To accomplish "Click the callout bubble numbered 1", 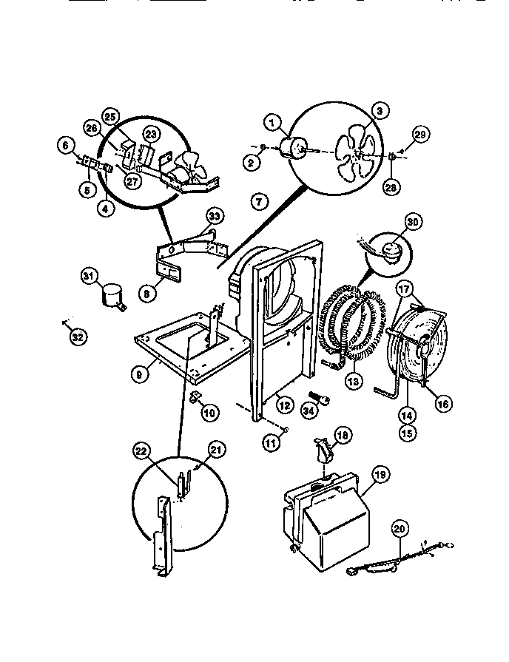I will click(272, 123).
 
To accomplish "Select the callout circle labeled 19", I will click(380, 477).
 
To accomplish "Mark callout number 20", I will click(400, 530).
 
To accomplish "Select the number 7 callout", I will click(258, 200).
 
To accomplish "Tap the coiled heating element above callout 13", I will click(347, 326).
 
